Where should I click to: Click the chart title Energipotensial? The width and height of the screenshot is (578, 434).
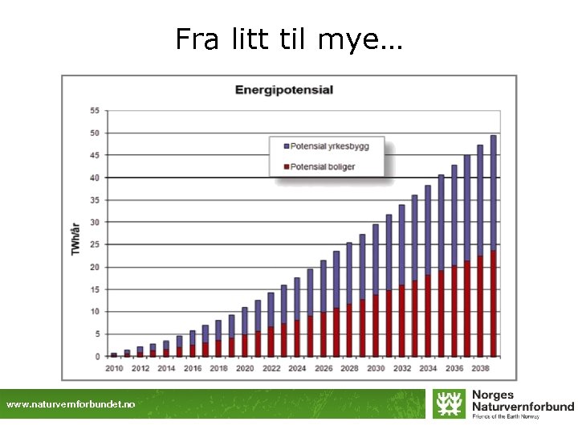tap(283, 90)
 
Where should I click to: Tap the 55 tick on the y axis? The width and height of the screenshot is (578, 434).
tap(95, 111)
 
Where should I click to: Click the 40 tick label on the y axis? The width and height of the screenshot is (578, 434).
tap(95, 178)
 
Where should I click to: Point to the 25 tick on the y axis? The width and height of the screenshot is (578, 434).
tap(95, 244)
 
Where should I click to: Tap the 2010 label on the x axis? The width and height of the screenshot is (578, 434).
tap(114, 368)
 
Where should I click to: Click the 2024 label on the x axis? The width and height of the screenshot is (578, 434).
tap(296, 368)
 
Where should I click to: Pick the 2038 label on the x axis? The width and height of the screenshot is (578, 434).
tap(480, 368)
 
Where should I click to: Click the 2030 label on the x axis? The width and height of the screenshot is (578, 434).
tap(375, 368)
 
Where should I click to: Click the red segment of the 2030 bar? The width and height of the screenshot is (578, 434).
tap(375, 325)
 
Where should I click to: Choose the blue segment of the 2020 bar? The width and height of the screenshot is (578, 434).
tap(245, 321)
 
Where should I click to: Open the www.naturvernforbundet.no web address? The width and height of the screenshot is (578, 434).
tap(71, 405)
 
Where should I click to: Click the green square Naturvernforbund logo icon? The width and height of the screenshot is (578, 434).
tap(448, 403)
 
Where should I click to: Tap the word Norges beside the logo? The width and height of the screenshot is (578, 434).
tap(493, 395)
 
